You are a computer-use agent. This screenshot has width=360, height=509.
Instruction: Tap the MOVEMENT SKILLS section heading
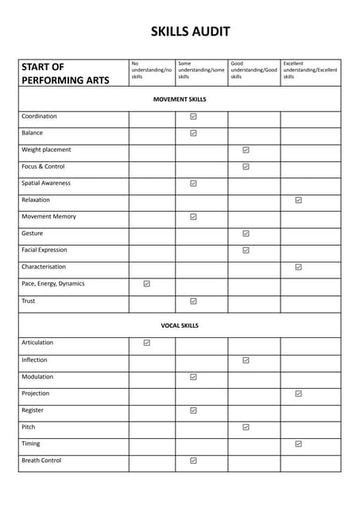click(180, 99)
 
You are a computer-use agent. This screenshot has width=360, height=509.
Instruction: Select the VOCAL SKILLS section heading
click(180, 325)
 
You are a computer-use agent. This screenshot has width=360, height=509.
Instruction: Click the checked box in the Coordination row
click(193, 116)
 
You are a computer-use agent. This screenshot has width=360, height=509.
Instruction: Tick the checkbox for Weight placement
click(246, 150)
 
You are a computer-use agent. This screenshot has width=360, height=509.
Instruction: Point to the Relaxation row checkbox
click(298, 200)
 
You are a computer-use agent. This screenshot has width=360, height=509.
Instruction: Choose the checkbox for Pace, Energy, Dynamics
click(147, 283)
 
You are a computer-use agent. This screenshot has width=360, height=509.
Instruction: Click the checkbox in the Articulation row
click(147, 343)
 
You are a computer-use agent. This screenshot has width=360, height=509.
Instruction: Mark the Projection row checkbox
click(298, 393)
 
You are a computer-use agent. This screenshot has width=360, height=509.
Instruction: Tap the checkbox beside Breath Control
click(193, 460)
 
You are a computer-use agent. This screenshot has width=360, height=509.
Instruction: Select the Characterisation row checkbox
click(298, 267)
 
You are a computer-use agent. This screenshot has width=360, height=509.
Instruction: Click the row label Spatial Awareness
click(46, 183)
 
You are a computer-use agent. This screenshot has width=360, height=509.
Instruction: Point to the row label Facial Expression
click(45, 250)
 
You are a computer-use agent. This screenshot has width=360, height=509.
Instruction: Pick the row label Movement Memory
click(48, 216)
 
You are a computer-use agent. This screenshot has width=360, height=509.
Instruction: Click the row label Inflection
click(34, 359)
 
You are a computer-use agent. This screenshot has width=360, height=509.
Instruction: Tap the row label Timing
click(30, 444)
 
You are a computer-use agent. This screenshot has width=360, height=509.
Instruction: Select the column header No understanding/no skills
click(151, 70)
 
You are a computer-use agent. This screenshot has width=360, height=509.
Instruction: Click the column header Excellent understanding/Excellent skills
click(310, 70)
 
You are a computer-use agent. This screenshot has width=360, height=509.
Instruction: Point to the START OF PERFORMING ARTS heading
click(65, 73)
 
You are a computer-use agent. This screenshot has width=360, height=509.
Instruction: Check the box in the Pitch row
click(246, 427)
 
